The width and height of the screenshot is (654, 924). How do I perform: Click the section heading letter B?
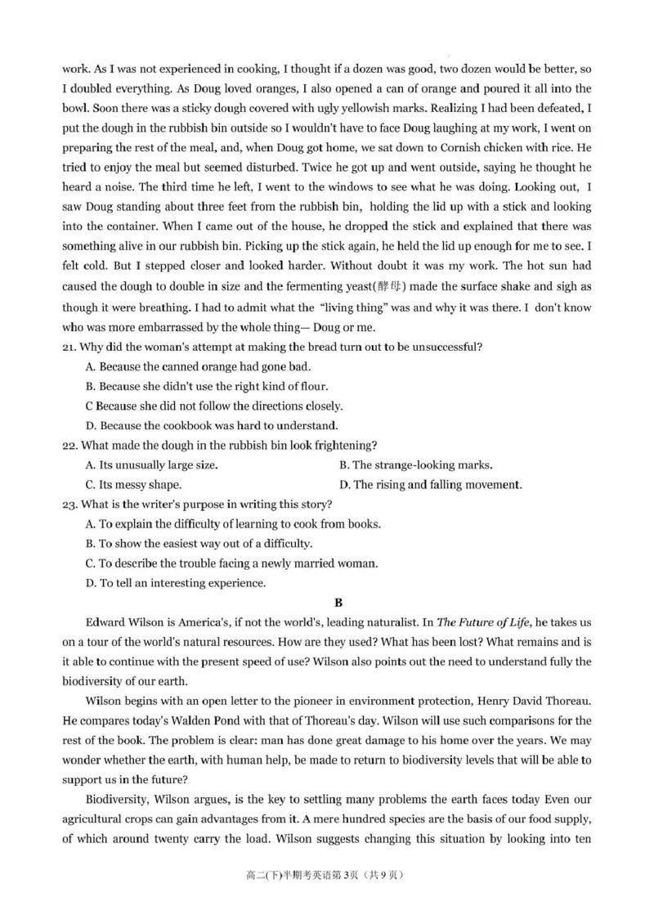(327, 603)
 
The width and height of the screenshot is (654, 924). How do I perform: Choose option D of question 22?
(430, 485)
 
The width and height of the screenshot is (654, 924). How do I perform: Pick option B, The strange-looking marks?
(415, 465)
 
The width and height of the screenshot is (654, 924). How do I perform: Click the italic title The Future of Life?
(482, 623)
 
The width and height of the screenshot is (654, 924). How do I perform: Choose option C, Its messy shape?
(133, 485)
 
